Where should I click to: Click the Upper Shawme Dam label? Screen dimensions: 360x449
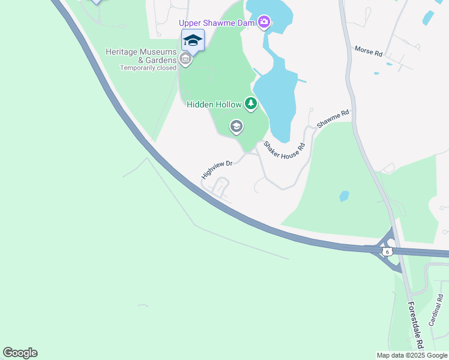pyautogui.click(x=217, y=23)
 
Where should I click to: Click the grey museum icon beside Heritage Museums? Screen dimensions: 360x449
pyautogui.click(x=185, y=59)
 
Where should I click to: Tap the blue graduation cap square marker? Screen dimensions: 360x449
pyautogui.click(x=193, y=40)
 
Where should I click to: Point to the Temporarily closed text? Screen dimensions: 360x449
pyautogui.click(x=148, y=68)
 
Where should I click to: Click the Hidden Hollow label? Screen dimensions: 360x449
pyautogui.click(x=214, y=104)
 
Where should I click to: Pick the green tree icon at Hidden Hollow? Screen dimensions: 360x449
pyautogui.click(x=251, y=104)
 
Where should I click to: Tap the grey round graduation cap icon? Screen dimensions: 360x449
pyautogui.click(x=237, y=127)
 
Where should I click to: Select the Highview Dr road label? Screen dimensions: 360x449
pyautogui.click(x=217, y=169)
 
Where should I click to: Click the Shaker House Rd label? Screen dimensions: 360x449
pyautogui.click(x=285, y=154)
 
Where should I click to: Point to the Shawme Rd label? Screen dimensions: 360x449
pyautogui.click(x=333, y=118)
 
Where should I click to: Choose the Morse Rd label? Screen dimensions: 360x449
pyautogui.click(x=369, y=52)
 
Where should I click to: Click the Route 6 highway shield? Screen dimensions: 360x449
pyautogui.click(x=387, y=251)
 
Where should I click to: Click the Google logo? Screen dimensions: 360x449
pyautogui.click(x=20, y=353)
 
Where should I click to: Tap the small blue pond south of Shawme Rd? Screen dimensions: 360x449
pyautogui.click(x=344, y=196)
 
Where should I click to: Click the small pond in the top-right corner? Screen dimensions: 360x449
pyautogui.click(x=428, y=17)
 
